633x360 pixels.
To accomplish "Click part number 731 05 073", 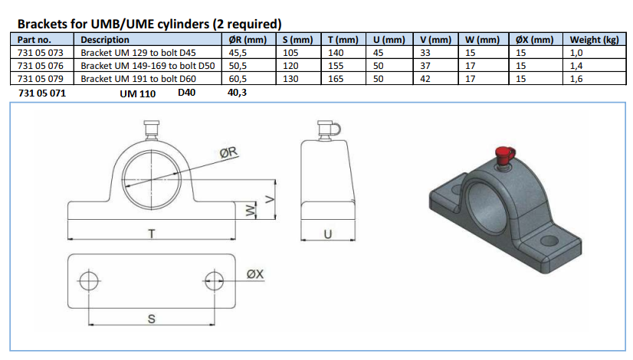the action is tap(41, 53).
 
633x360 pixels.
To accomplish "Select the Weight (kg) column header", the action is tap(594, 40).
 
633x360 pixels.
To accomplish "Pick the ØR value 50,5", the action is tap(238, 66).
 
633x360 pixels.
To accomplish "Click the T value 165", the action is tap(336, 79).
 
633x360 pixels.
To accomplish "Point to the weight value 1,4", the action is tap(576, 66).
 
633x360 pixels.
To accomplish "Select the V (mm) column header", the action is tap(435, 40).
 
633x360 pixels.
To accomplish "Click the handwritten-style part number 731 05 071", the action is tap(42, 93).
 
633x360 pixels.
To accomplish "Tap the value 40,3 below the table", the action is tap(237, 93).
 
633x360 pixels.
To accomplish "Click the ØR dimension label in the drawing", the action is tap(228, 152).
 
